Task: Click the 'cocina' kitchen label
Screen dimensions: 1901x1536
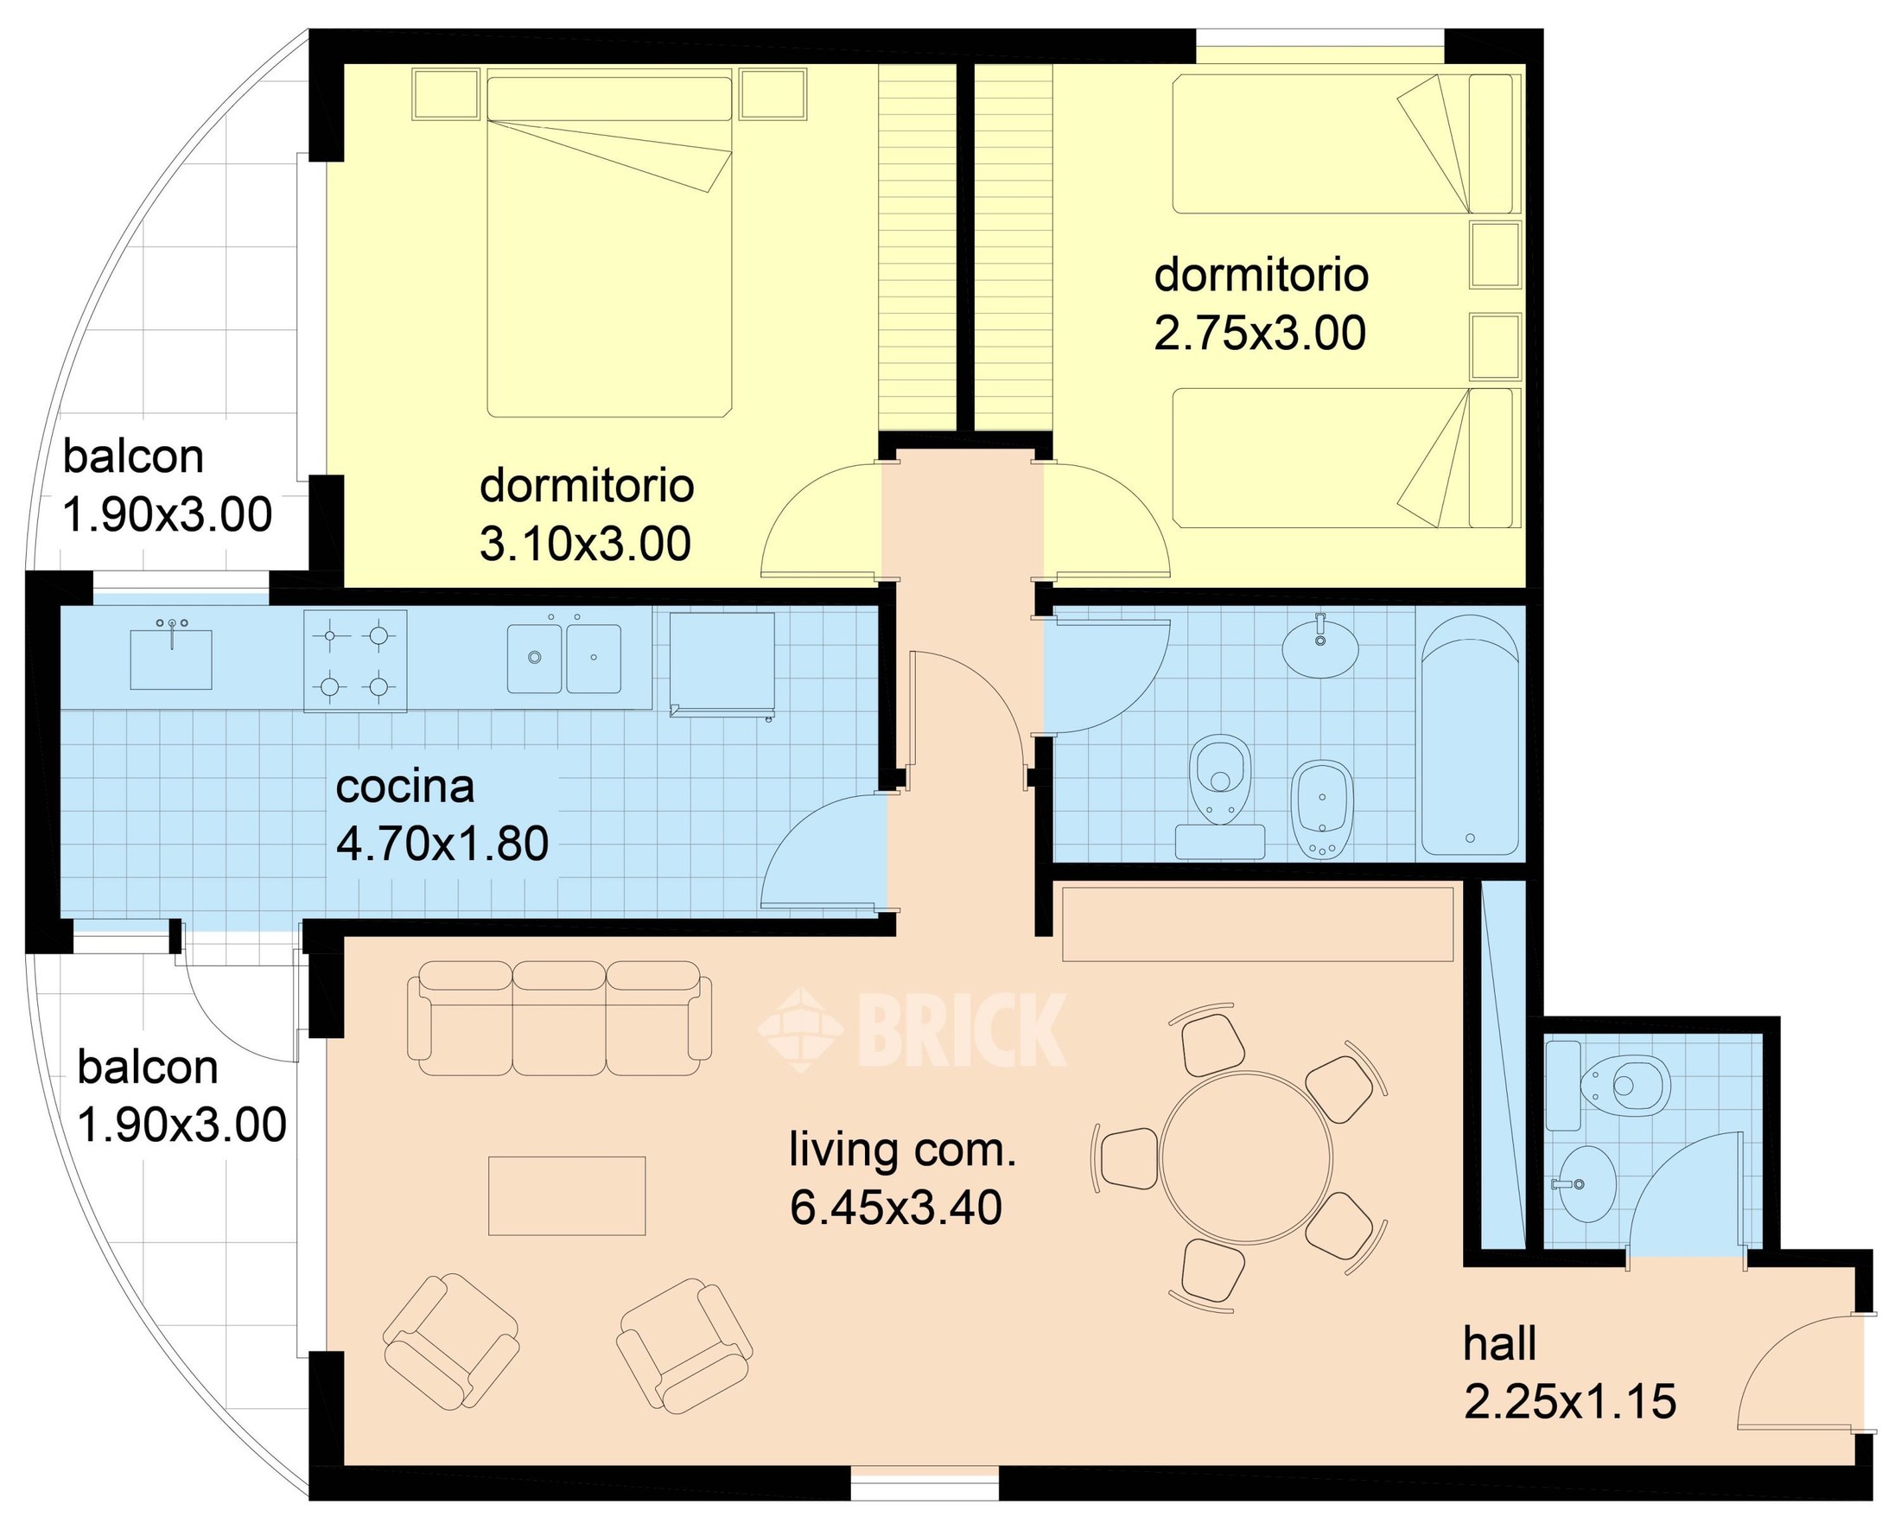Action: (x=404, y=787)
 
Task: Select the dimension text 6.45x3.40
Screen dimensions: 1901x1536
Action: (x=895, y=1208)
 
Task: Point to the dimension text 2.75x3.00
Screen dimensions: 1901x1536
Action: (x=1260, y=333)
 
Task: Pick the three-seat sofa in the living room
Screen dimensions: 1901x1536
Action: (x=559, y=1017)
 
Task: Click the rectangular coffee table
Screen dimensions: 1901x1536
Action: (x=567, y=1195)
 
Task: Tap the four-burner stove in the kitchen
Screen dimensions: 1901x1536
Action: (x=355, y=660)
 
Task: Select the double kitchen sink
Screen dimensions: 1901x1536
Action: (x=563, y=659)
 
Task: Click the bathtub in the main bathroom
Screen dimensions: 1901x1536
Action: (x=1469, y=736)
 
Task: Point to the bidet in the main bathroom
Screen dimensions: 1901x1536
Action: (x=1321, y=809)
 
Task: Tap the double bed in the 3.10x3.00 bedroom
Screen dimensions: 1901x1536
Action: (x=609, y=247)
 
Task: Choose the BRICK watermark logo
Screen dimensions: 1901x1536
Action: (x=912, y=1028)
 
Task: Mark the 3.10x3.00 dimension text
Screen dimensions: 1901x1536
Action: (x=585, y=544)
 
